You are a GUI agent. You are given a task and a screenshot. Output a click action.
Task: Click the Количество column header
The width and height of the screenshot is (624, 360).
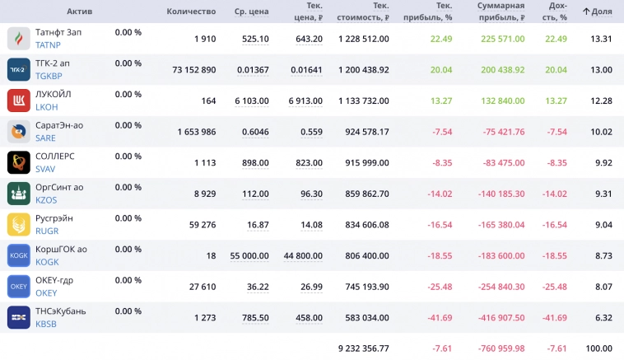point(191,12)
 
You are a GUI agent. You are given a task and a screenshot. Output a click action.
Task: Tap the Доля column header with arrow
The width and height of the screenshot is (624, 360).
point(597,12)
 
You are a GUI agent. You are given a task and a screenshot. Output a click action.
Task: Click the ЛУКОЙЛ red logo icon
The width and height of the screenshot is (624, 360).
point(19,101)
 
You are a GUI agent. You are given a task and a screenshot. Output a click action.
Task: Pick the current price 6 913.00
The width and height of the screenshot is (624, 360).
point(305,101)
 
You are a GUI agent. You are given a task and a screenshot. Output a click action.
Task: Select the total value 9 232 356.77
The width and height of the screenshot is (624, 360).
point(363,348)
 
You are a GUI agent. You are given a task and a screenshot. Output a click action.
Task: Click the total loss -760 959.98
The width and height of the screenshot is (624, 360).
point(501,348)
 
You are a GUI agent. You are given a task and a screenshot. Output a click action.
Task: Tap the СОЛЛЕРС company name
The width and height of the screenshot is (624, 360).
point(54,156)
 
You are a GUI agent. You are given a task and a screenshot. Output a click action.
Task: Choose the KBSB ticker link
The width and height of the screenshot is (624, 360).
point(47,325)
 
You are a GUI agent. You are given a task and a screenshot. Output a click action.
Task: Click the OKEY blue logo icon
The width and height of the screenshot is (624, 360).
point(19,287)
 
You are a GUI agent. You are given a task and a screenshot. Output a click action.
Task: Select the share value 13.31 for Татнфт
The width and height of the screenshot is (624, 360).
point(601,39)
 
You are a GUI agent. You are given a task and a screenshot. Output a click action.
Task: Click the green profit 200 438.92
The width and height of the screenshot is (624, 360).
point(502,70)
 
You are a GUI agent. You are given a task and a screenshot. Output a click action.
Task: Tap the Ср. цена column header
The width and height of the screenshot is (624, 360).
point(251,12)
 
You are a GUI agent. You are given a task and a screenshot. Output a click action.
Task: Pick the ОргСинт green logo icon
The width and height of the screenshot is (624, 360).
point(19,194)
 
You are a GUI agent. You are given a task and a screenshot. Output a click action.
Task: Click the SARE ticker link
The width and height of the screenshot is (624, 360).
point(46,138)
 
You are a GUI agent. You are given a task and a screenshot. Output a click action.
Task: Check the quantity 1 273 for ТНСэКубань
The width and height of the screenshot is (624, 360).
point(202,318)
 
